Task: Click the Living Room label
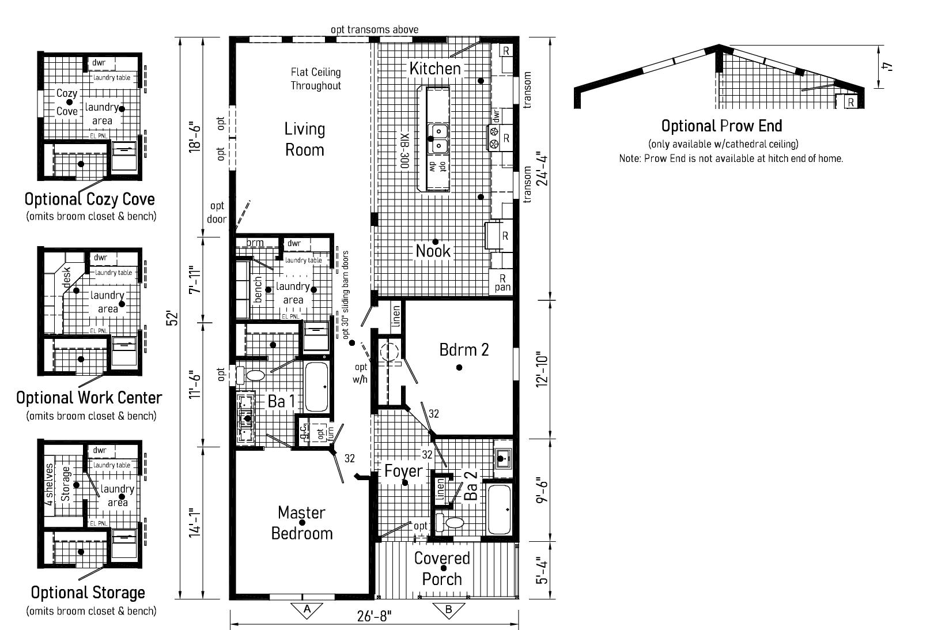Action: [x=304, y=139]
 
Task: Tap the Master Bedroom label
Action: [x=302, y=523]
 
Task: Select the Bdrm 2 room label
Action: [x=464, y=350]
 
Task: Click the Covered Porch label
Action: [x=442, y=568]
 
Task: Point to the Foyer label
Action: [x=403, y=471]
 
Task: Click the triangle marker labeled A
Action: [x=307, y=609]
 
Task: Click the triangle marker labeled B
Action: [x=448, y=609]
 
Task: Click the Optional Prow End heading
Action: [x=721, y=126]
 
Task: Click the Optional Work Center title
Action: [x=89, y=398]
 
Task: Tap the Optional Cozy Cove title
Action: [x=89, y=199]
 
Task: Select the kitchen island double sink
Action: [x=438, y=138]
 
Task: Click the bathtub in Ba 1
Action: [x=316, y=386]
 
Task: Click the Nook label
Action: [x=433, y=251]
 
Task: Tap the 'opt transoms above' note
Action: [x=374, y=29]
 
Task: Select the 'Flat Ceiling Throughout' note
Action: [x=315, y=79]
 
